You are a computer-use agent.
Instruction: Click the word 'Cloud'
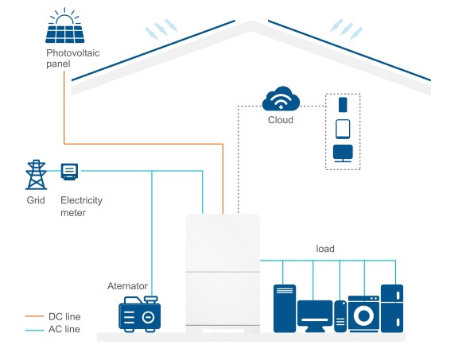pos(280,121)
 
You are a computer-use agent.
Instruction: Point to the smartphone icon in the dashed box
pos(343,104)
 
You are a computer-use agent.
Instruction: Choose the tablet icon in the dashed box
pos(343,128)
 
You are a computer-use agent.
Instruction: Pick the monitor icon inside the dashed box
pos(343,153)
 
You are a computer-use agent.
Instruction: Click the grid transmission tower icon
pos(36,174)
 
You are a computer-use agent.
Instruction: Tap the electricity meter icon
pos(69,171)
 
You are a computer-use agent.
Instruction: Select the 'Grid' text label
pos(36,201)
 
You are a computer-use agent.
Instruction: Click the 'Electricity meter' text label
pos(81,207)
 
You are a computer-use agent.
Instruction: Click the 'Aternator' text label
pos(128,285)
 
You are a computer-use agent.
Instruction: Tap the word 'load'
pos(324,249)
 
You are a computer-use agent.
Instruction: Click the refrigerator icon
pos(392,308)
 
